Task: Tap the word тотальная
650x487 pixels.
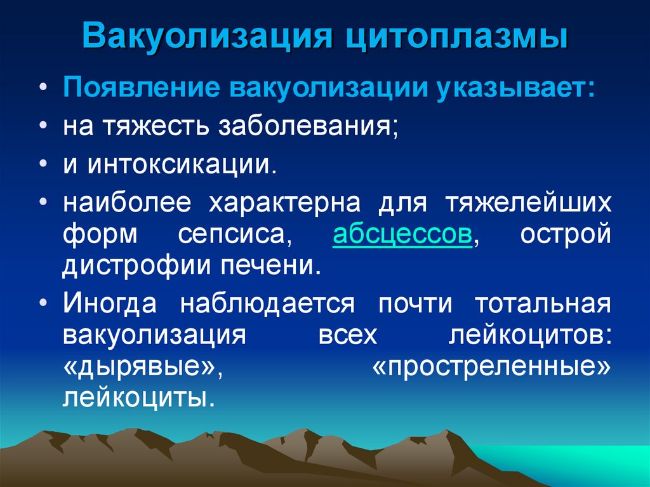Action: [x=543, y=303]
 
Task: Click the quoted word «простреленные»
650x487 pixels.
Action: [x=493, y=366]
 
